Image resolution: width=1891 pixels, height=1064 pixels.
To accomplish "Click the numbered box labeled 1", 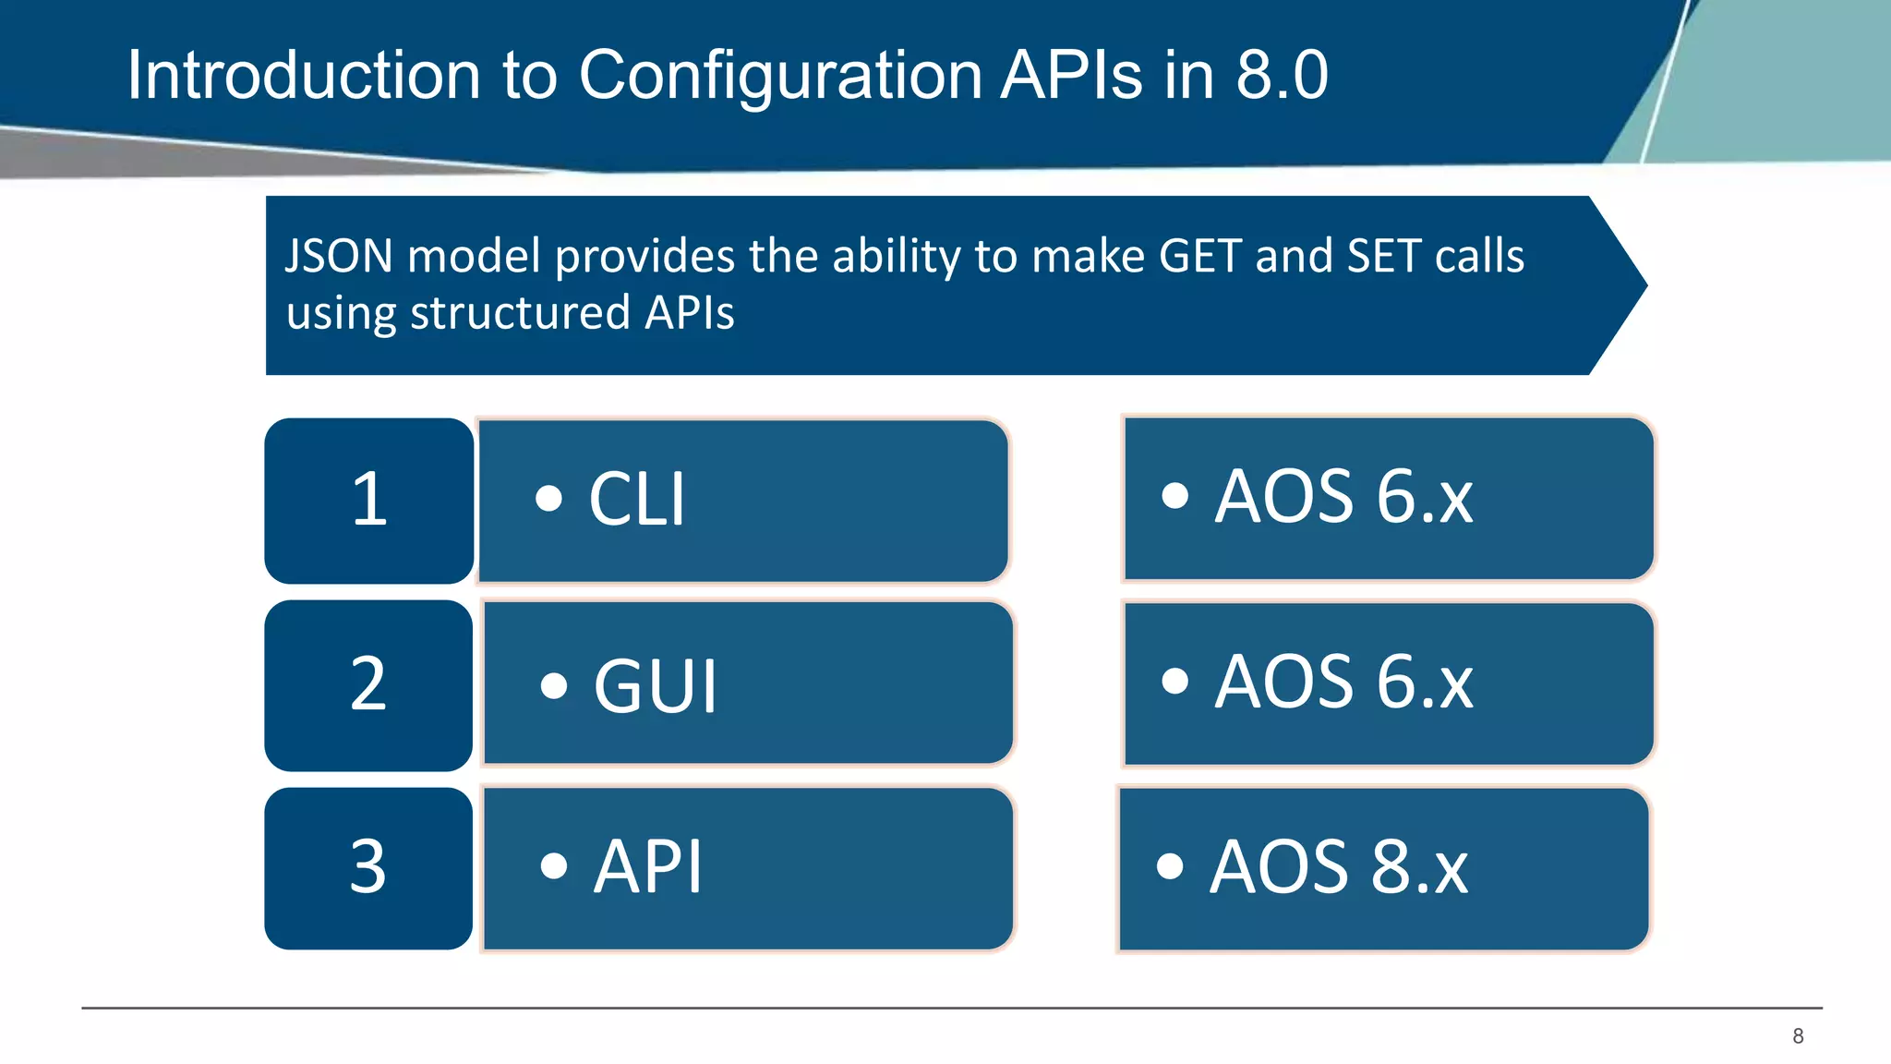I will pyautogui.click(x=369, y=501).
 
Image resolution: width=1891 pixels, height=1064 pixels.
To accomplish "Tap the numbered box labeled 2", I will pyautogui.click(x=368, y=685).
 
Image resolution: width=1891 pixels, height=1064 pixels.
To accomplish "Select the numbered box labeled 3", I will pyautogui.click(x=368, y=868).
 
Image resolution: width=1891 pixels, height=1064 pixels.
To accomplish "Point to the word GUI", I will pyautogui.click(x=655, y=687).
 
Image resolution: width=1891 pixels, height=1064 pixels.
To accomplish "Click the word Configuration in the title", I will pyautogui.click(x=779, y=76).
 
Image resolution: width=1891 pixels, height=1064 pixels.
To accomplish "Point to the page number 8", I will pyautogui.click(x=1797, y=1036).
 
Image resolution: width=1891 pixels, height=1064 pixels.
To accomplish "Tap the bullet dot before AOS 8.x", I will pyautogui.click(x=1169, y=866).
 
